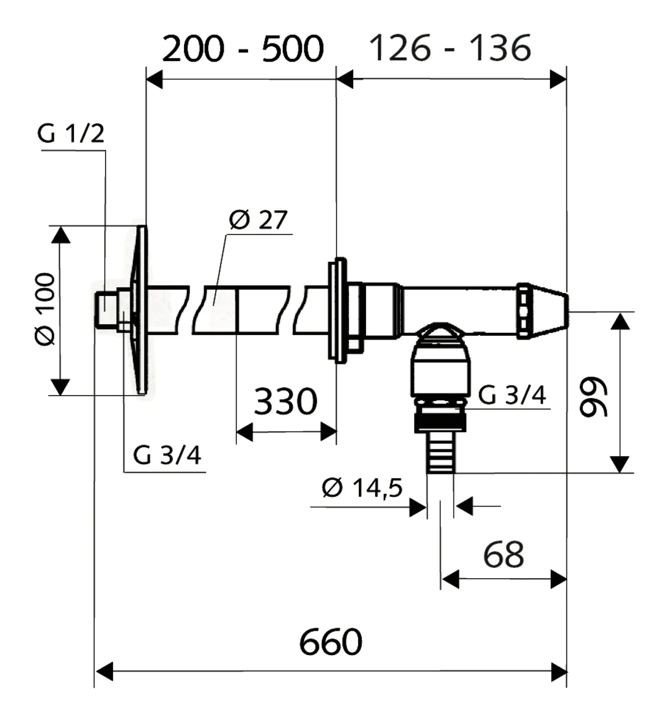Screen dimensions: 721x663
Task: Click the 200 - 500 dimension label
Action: pyautogui.click(x=242, y=49)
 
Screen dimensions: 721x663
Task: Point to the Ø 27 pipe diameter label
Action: pyautogui.click(x=258, y=220)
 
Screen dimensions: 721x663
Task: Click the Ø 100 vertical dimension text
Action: pyautogui.click(x=45, y=310)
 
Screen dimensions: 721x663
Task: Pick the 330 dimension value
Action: pyautogui.click(x=285, y=402)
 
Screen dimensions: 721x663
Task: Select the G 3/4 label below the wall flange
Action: pyautogui.click(x=167, y=455)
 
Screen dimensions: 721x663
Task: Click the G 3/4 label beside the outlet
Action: pyautogui.click(x=512, y=395)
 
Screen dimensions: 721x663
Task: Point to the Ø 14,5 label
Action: pyautogui.click(x=362, y=488)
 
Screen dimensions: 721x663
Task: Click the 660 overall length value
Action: pyautogui.click(x=331, y=642)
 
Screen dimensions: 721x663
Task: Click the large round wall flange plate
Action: pyautogui.click(x=141, y=310)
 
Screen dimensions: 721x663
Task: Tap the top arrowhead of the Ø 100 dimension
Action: pyautogui.click(x=60, y=235)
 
